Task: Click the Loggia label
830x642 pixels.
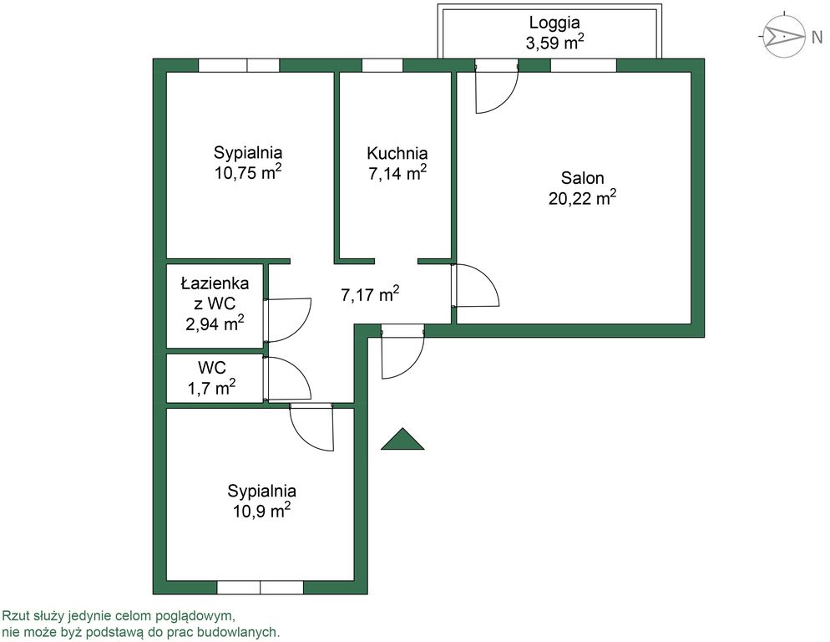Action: [554, 23]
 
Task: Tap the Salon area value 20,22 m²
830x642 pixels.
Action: [582, 198]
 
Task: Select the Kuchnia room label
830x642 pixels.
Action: [397, 154]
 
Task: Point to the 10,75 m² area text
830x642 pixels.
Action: [248, 172]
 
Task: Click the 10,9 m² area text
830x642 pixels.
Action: [261, 511]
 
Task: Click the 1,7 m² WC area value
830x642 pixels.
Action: [212, 388]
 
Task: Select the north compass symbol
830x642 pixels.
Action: [782, 36]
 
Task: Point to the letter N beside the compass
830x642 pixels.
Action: [817, 37]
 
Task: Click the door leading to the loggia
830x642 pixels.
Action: [497, 88]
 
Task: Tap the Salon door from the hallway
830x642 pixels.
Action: [475, 285]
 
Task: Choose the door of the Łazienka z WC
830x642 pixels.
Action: [287, 320]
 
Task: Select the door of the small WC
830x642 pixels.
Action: [287, 379]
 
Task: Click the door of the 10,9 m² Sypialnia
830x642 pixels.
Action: [311, 427]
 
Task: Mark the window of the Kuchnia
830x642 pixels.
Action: [382, 65]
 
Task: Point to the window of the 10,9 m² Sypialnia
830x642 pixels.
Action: [260, 588]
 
